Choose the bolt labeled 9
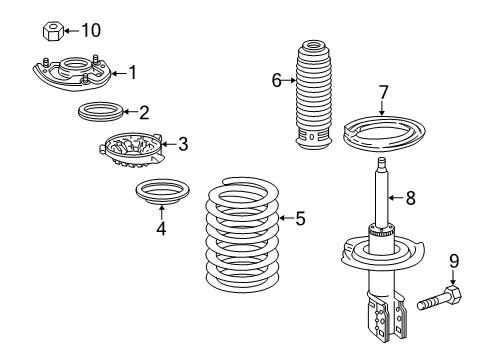click(439, 296)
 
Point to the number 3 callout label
click(182, 144)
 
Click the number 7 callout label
click(382, 93)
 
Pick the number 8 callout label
click(409, 198)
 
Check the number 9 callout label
click(454, 262)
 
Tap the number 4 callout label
click(161, 226)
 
